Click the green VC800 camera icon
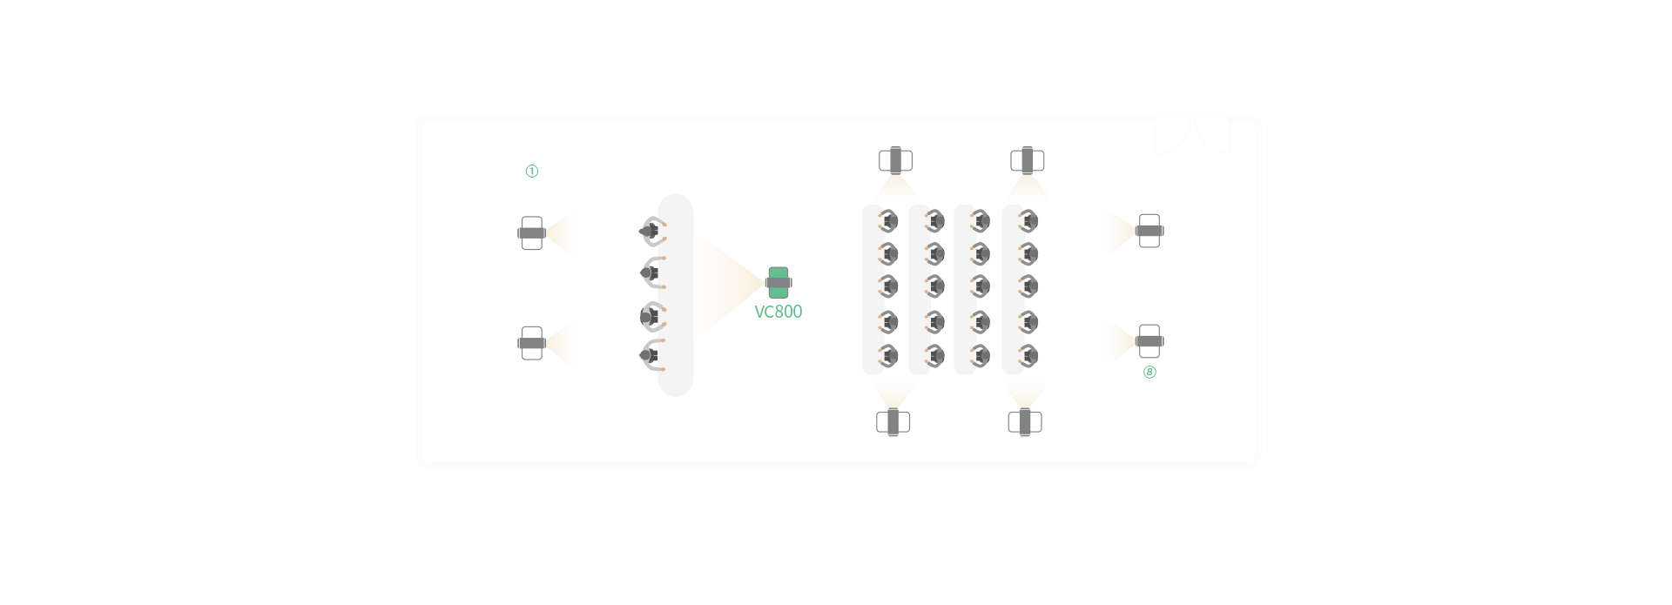[x=779, y=282]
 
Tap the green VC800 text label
[x=778, y=312]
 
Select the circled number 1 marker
[x=532, y=171]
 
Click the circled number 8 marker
[x=1149, y=373]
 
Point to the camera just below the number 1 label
[x=531, y=232]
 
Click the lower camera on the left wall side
[x=531, y=343]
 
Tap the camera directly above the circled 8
[x=1149, y=340]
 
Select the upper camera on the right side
[x=1149, y=231]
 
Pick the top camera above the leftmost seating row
[x=894, y=160]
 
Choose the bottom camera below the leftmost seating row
[x=893, y=422]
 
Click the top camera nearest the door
[x=1028, y=160]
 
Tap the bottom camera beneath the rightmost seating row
[x=1025, y=422]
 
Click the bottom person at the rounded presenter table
[x=650, y=355]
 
